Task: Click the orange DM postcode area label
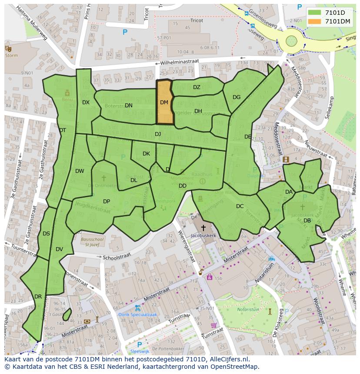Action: pos(164,103)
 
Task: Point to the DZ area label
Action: pos(197,87)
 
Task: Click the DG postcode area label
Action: pos(237,97)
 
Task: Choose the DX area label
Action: pos(86,103)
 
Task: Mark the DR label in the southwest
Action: pos(38,297)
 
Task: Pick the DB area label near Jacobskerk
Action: pos(307,221)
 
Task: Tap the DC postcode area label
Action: pos(240,206)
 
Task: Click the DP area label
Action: pos(107,202)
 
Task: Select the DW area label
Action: pos(80,171)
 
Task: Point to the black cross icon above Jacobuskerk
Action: pos(203,228)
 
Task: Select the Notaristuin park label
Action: pos(248,310)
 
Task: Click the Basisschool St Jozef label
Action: pos(92,241)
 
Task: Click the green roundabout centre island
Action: pos(291,42)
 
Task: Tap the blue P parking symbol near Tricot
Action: pos(125,32)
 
